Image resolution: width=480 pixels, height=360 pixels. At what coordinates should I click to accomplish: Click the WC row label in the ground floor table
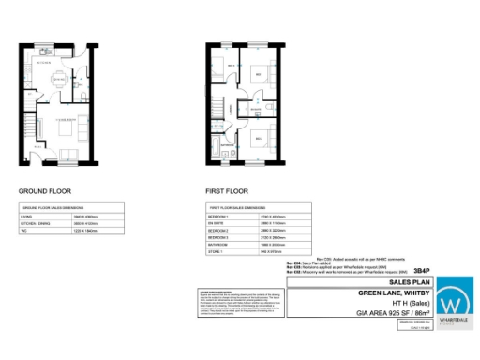tap(25, 230)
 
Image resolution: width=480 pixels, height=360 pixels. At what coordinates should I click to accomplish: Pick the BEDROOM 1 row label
tap(219, 215)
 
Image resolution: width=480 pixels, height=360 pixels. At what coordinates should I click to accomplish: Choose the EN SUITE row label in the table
tap(217, 222)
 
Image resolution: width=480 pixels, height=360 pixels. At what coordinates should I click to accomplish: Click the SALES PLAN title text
tap(410, 280)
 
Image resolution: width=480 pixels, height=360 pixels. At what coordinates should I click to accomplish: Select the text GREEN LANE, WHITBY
tap(397, 292)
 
